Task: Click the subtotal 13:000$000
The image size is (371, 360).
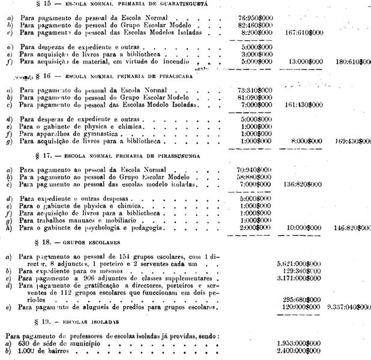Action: coord(306,61)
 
